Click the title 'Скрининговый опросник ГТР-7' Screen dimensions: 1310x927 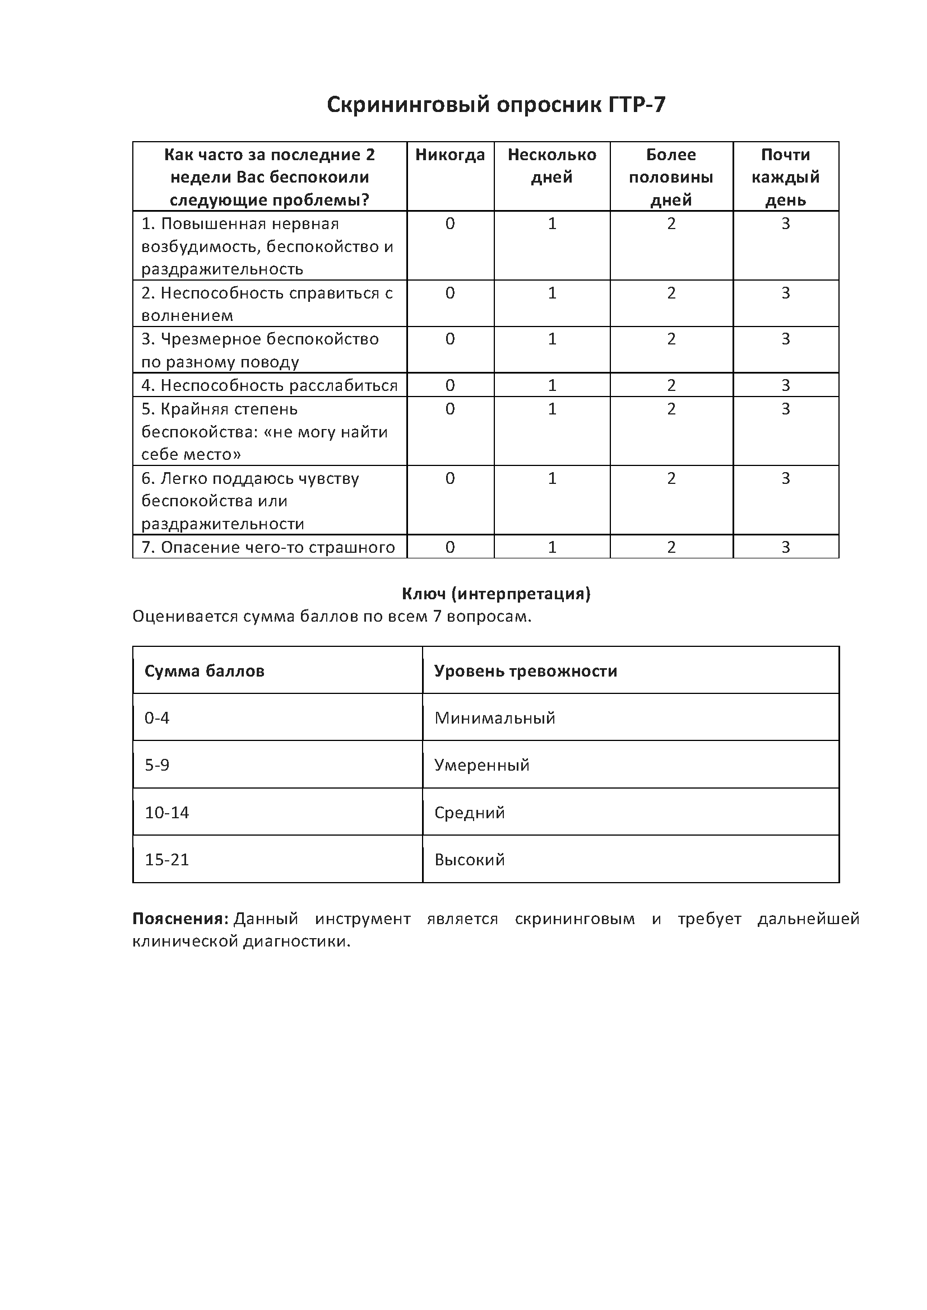495,105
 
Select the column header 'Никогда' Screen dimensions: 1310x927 450,155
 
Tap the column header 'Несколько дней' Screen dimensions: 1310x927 551,165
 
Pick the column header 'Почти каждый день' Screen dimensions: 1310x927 785,177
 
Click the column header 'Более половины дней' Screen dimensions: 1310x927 671,177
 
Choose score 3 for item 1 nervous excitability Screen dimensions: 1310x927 785,223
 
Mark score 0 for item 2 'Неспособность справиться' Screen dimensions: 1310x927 450,293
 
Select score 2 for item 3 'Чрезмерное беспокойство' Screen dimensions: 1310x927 671,339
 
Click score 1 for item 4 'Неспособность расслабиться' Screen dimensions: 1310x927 552,386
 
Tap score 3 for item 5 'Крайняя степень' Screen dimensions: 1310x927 785,409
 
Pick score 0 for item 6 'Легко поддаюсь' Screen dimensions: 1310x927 450,478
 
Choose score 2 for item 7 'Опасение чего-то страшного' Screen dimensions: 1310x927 671,547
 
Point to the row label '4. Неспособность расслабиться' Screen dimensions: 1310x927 270,386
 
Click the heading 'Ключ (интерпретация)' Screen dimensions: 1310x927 496,594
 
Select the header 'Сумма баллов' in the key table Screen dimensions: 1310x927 205,671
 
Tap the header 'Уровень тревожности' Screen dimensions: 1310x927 525,671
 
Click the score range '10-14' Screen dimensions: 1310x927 166,813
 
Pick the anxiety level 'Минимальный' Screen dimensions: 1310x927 494,718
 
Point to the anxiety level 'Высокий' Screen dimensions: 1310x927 469,860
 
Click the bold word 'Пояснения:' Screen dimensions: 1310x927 180,919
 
